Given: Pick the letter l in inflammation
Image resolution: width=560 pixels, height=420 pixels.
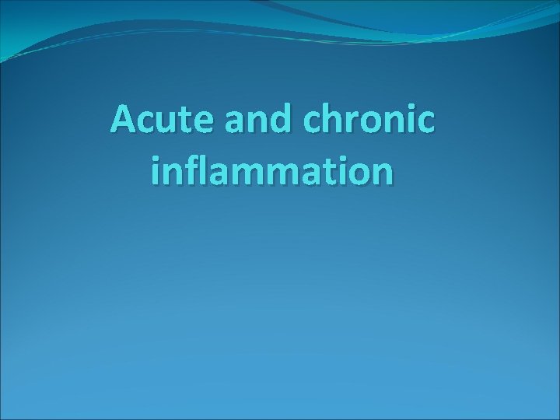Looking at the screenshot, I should tap(198, 169).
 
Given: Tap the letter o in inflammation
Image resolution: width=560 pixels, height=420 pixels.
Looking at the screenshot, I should tap(355, 172).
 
